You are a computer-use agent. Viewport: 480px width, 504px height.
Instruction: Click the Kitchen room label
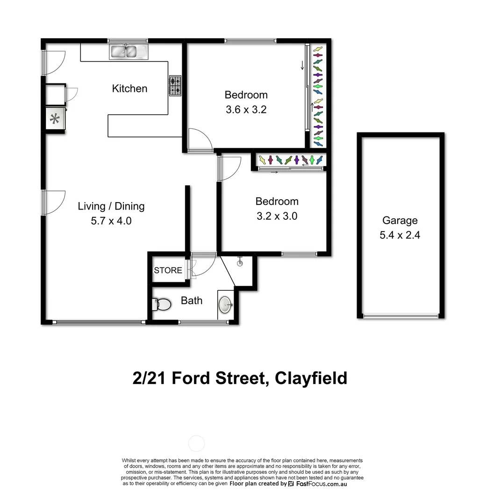129,89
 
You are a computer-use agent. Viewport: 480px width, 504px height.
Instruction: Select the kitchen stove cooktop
175,86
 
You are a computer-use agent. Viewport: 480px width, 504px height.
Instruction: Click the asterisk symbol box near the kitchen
55,119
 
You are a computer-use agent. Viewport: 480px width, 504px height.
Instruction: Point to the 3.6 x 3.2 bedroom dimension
246,110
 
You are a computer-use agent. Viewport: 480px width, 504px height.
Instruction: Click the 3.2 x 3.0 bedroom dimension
277,217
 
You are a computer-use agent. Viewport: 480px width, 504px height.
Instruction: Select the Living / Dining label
111,206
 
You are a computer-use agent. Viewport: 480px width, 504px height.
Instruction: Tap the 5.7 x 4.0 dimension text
111,221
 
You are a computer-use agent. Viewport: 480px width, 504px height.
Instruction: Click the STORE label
168,271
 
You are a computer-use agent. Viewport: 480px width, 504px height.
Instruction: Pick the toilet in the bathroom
162,305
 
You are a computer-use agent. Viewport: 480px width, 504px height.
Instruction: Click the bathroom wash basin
226,305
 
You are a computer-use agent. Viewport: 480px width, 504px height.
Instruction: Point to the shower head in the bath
241,262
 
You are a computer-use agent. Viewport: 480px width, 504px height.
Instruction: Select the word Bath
192,301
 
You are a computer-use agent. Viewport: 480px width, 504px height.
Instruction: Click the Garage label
400,221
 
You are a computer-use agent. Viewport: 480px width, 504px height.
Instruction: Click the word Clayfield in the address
311,378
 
